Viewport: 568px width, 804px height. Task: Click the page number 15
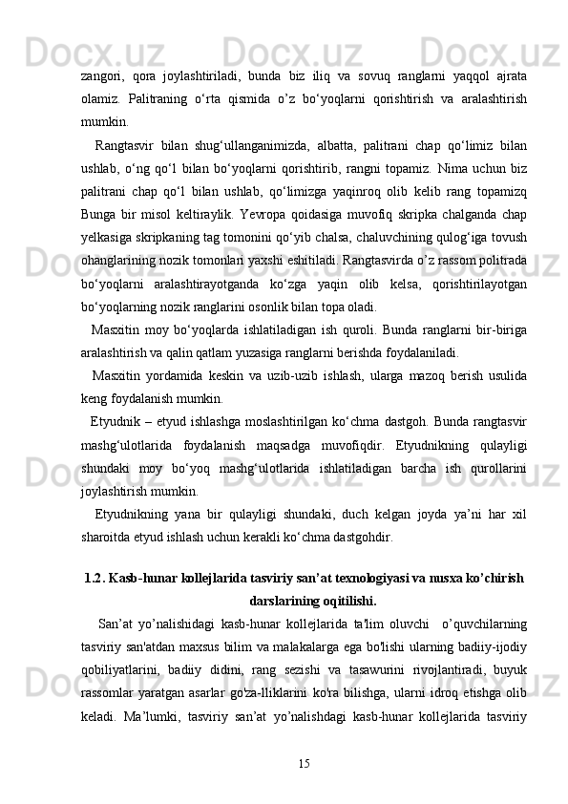click(x=305, y=763)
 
